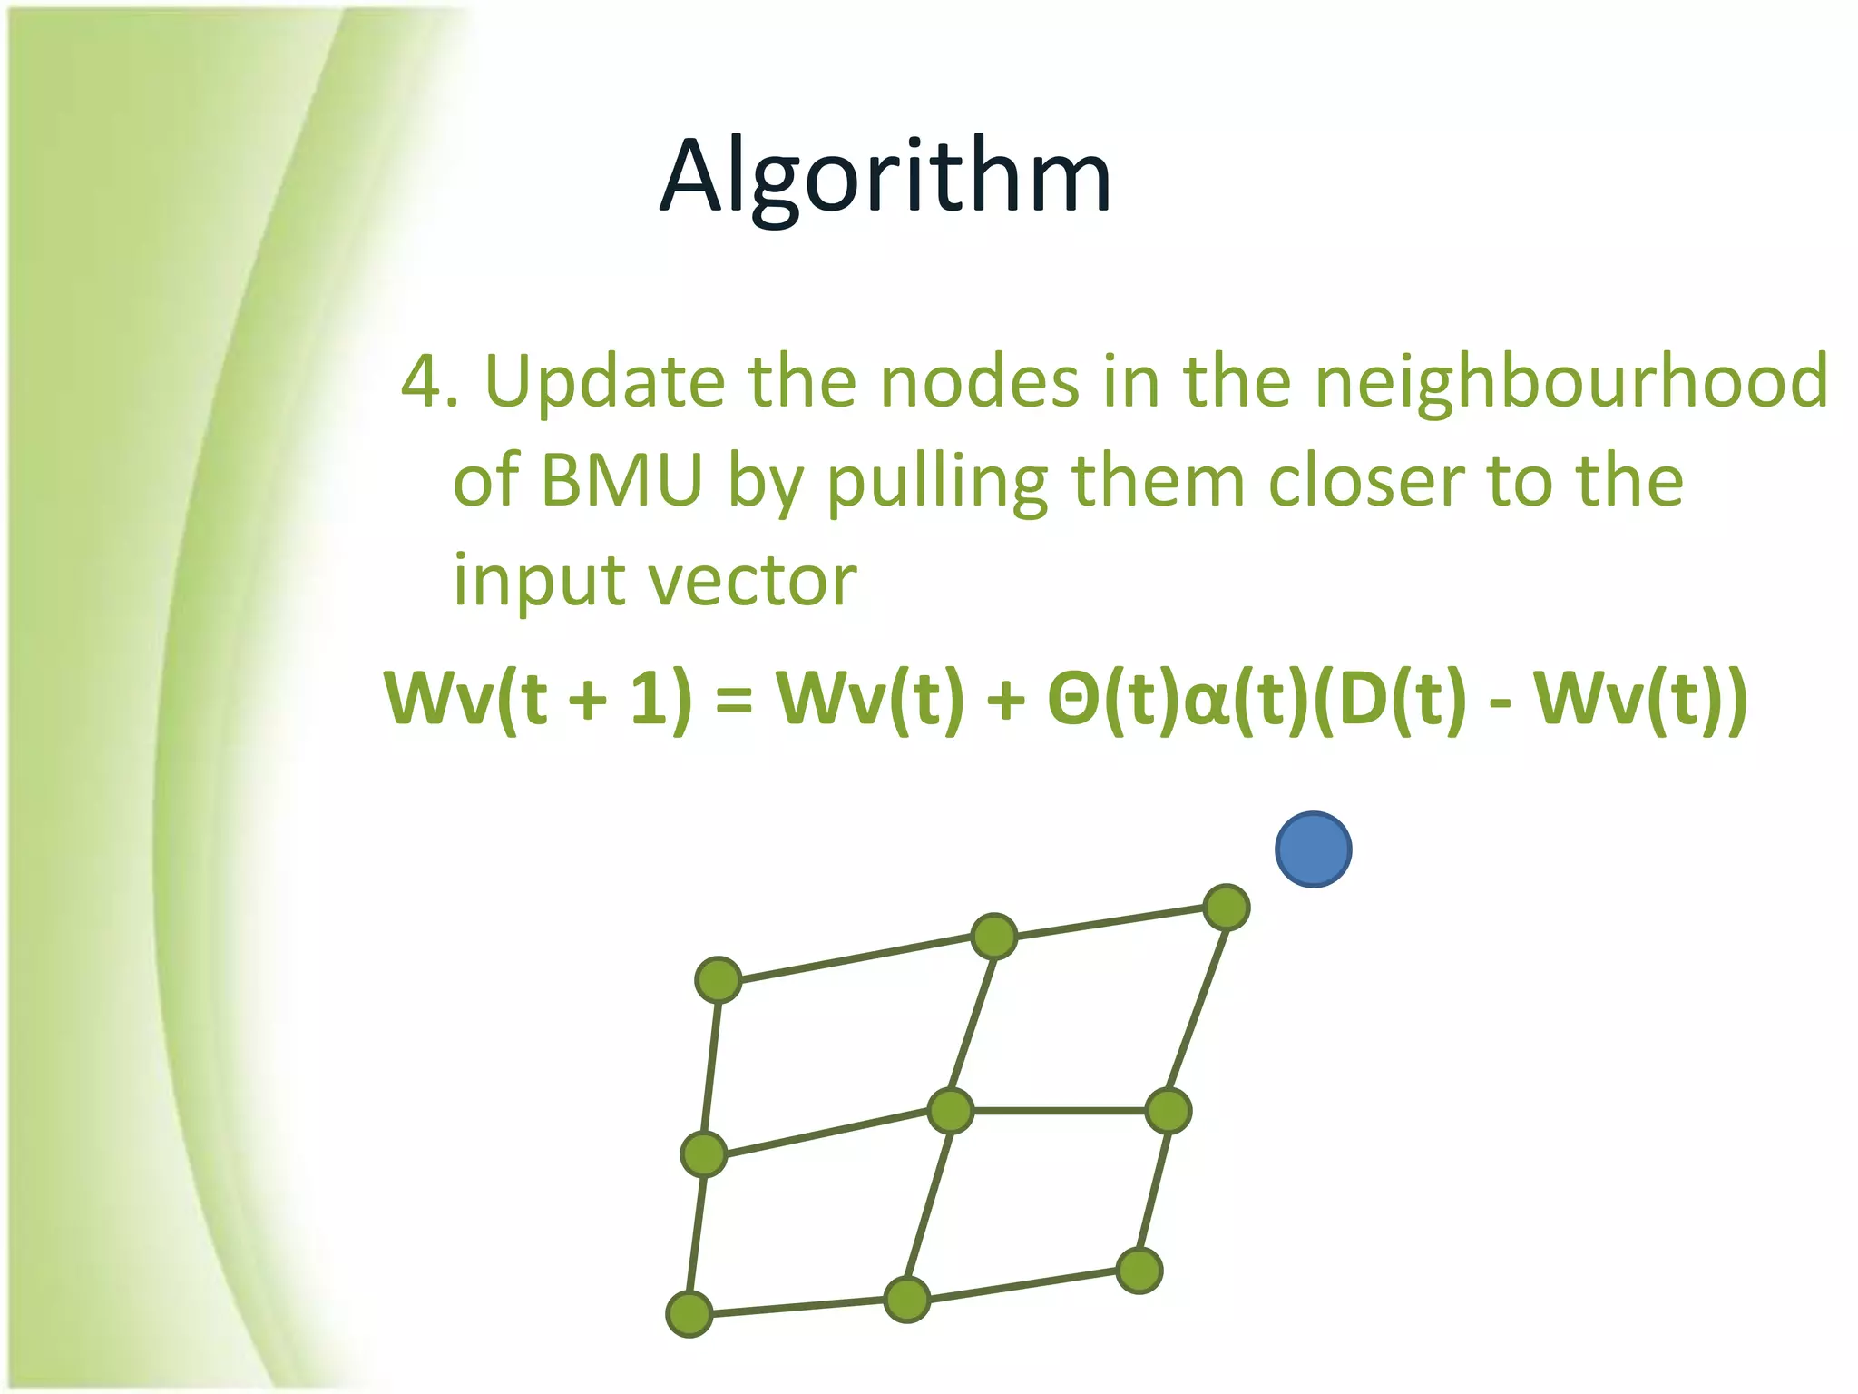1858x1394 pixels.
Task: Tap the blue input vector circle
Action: click(x=1313, y=849)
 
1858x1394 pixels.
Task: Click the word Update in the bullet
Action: click(x=604, y=381)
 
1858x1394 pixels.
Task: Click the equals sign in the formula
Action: click(x=734, y=701)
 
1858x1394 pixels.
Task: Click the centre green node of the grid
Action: click(x=951, y=1111)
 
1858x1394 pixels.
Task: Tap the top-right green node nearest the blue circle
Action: click(x=1227, y=908)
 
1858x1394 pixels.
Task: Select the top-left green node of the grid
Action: click(x=719, y=980)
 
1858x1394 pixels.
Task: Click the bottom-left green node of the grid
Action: click(x=689, y=1314)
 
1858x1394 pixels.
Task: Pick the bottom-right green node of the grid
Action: click(x=1139, y=1271)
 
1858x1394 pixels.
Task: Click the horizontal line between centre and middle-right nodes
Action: click(x=1060, y=1111)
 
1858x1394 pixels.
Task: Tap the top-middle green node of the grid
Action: click(x=994, y=937)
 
